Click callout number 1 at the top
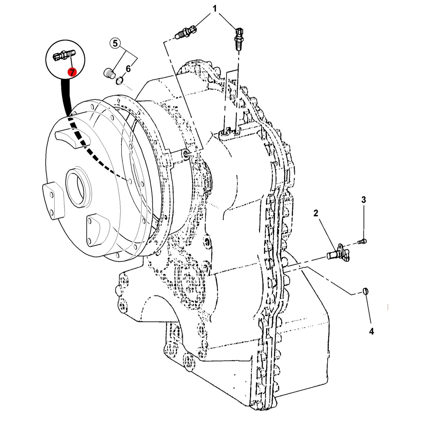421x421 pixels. [215, 9]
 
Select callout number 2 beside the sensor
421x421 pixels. [316, 213]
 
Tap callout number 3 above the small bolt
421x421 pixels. [364, 200]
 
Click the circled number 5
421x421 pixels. [115, 43]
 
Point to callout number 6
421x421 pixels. [128, 69]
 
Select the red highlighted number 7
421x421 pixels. [72, 72]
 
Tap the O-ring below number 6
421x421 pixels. [119, 81]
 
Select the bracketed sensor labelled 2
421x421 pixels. [338, 253]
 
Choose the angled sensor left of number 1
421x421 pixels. [186, 32]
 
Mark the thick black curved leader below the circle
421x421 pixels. [66, 97]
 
